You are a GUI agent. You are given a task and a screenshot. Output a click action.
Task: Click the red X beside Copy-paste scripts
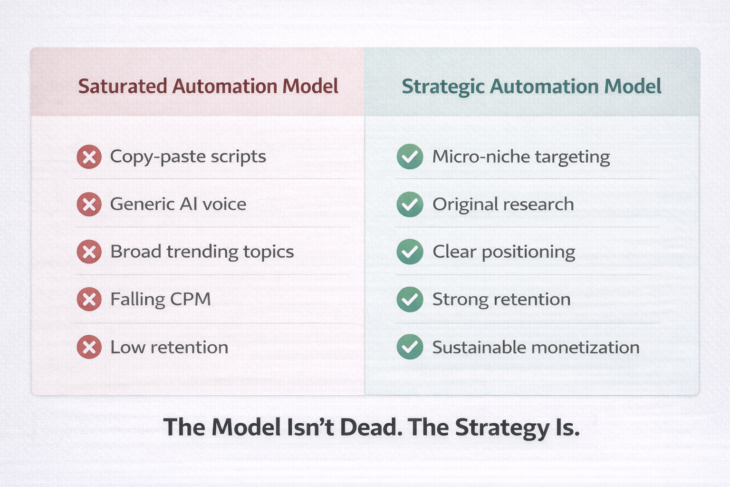tap(89, 157)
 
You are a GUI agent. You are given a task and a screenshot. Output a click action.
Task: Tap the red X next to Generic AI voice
tap(89, 205)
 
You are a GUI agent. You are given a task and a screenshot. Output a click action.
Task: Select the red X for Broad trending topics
tap(89, 252)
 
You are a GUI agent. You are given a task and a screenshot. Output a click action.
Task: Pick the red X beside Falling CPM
tap(89, 300)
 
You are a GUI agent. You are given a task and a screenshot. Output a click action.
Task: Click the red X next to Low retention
tap(89, 347)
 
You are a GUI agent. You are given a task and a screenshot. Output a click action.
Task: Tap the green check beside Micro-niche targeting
tap(410, 156)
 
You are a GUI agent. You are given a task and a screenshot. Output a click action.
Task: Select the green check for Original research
tap(410, 205)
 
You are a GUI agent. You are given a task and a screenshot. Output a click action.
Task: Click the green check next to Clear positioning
tap(410, 252)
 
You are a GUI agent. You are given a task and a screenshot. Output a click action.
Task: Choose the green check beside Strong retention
tap(410, 300)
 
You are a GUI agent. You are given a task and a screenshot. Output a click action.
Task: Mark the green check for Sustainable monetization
tap(410, 347)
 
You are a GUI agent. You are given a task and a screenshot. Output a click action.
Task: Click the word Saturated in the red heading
tap(122, 87)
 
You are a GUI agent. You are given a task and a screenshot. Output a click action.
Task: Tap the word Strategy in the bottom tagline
tap(502, 428)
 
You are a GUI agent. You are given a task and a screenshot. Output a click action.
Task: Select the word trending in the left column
tap(202, 252)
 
